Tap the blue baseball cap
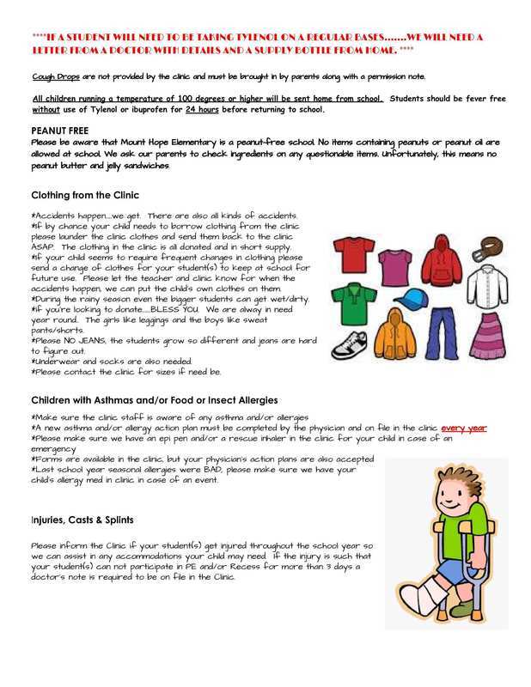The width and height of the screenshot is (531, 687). [x=406, y=298]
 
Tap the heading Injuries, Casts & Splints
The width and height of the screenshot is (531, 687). [x=82, y=520]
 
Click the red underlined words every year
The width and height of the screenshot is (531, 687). [x=464, y=428]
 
